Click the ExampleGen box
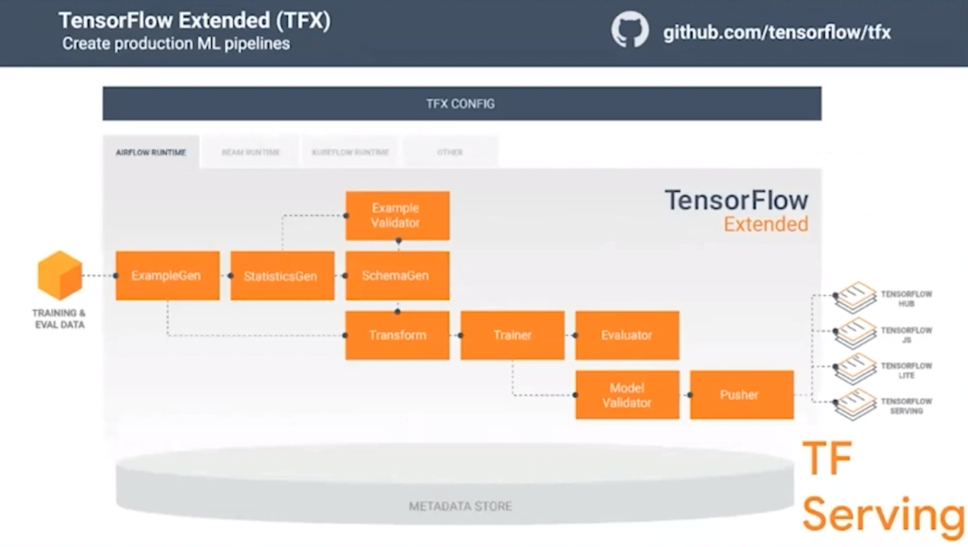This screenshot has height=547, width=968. pos(168,275)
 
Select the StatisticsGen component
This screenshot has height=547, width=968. pos(282,275)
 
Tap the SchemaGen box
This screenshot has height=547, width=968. pos(397,275)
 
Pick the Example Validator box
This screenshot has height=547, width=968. pos(397,215)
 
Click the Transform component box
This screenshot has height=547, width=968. pos(397,335)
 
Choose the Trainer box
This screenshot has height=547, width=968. pos(512,335)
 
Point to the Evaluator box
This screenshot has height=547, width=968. pos(627,335)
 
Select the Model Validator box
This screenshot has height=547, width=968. pos(627,395)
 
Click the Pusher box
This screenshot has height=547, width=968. pos(742,395)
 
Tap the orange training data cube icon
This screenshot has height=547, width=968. pos(59,275)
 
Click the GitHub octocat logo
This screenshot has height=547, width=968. pos(630,30)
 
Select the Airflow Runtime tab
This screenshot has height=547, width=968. pos(151,152)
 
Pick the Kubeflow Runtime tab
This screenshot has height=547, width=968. pos(350,152)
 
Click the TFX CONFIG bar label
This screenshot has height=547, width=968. pos(461,104)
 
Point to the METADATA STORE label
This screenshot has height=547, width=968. pos(460,506)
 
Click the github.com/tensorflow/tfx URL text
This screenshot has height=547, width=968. pos(776,32)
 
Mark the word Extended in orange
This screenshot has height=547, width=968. pos(766,224)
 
